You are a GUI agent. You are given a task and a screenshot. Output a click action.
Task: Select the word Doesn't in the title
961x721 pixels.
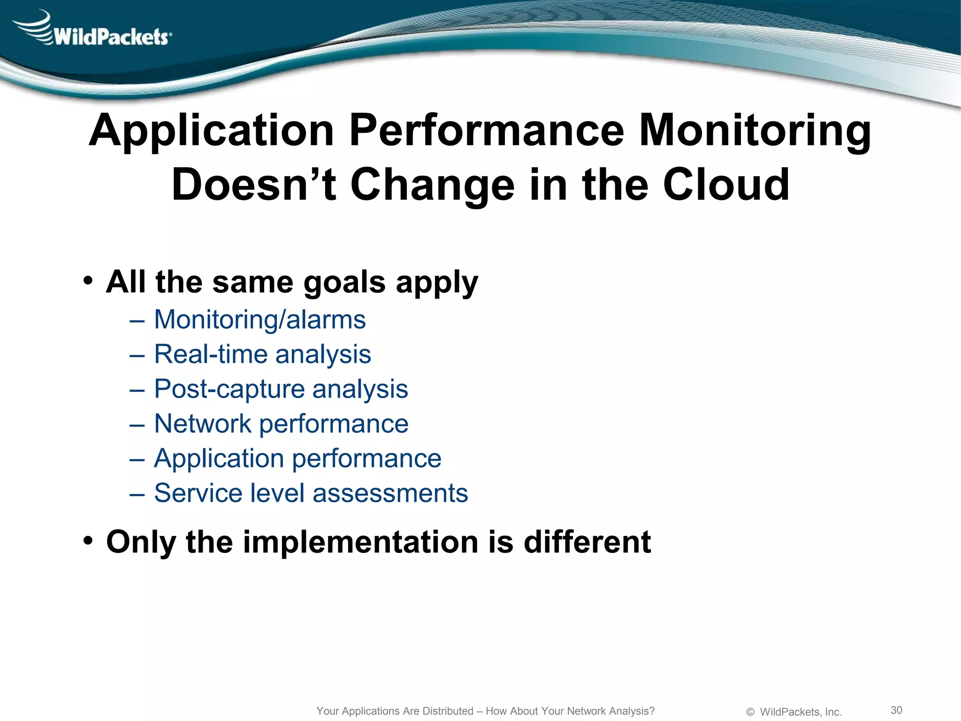(254, 185)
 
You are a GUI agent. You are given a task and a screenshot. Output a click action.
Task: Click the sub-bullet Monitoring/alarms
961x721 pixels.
(259, 320)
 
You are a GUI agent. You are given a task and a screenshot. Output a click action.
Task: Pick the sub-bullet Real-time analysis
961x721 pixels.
(262, 354)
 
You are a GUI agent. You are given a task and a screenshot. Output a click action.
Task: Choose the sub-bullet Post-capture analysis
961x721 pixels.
(281, 389)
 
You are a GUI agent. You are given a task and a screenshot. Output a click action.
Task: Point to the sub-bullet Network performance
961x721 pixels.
(281, 424)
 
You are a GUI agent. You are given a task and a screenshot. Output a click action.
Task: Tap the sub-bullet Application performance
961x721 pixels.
(297, 459)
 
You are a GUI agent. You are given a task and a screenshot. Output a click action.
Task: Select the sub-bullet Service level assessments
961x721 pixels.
(311, 493)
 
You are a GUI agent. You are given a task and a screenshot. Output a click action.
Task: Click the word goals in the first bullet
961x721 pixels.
(344, 283)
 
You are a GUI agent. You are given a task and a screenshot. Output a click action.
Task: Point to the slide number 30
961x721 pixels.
(896, 710)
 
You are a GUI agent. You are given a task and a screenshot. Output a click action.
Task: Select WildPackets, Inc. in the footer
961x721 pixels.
(801, 712)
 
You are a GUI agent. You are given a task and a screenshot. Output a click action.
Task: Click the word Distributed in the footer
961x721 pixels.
(448, 711)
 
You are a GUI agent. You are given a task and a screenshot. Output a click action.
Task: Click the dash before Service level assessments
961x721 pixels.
(137, 494)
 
